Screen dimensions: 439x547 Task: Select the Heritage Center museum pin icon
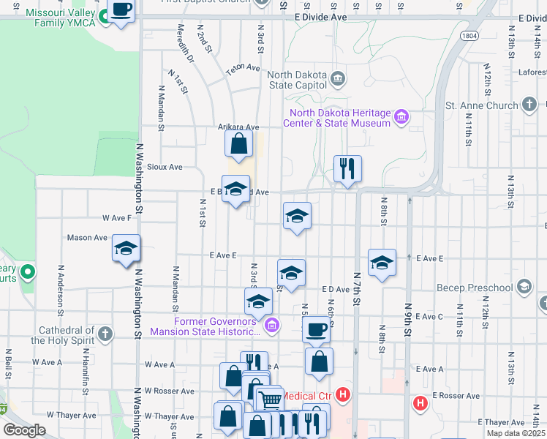point(401,117)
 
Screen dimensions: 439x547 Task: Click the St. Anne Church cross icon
point(530,105)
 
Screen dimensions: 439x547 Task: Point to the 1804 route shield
point(469,34)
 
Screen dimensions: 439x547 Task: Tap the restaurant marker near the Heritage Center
point(347,168)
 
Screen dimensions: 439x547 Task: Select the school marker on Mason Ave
point(126,248)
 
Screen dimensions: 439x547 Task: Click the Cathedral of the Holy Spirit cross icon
point(105,334)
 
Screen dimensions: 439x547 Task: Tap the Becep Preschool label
point(474,288)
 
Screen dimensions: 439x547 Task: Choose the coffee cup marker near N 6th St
point(316,329)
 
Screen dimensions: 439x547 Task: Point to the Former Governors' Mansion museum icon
point(271,325)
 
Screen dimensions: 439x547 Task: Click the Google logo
point(24,430)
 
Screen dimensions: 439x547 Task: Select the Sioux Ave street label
point(164,167)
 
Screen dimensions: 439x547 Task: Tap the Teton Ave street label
point(243,68)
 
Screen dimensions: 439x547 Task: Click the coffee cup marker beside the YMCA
point(121,10)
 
